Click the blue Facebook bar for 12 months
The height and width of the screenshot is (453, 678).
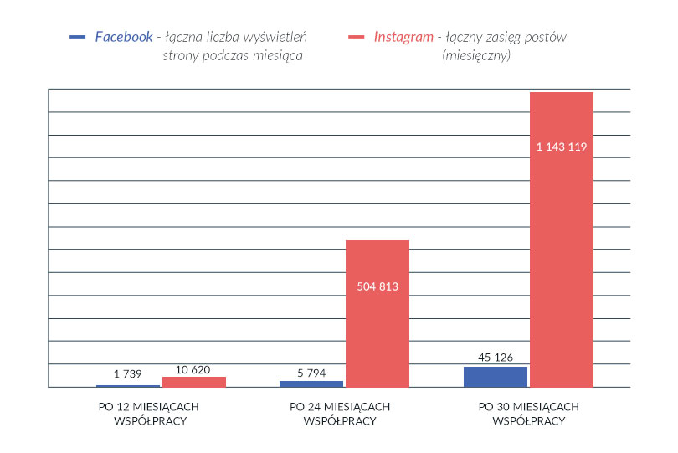[128, 386]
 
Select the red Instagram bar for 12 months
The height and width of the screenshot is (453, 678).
[194, 382]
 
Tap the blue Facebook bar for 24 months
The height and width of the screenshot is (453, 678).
[311, 384]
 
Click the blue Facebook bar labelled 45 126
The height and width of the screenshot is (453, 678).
[496, 377]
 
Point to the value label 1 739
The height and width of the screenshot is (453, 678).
[128, 373]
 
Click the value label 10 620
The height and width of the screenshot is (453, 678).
[194, 368]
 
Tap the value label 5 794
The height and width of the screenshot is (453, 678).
[311, 373]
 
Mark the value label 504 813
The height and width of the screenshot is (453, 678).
[378, 286]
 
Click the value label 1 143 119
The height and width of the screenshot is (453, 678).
[562, 147]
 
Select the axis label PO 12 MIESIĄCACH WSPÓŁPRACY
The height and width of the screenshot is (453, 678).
[150, 414]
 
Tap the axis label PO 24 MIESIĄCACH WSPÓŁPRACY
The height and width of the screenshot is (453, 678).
[339, 414]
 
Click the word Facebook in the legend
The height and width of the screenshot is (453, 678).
[124, 37]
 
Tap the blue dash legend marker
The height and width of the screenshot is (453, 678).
[78, 37]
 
